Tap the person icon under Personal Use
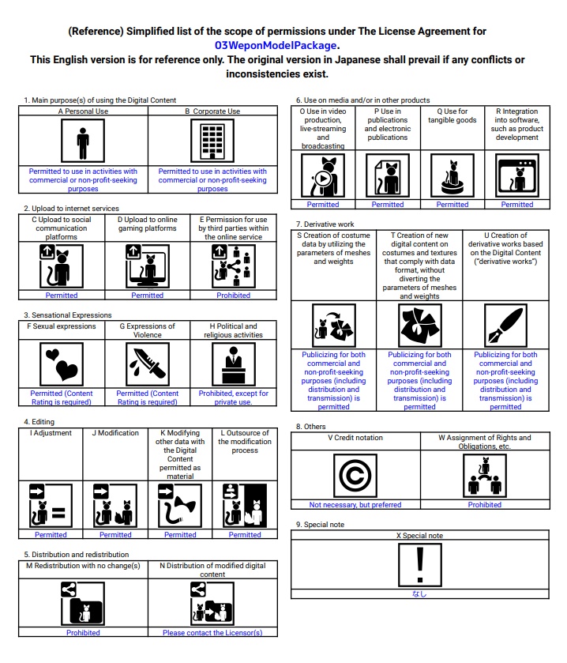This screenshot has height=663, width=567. (x=83, y=142)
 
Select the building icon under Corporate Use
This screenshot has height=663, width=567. (x=212, y=142)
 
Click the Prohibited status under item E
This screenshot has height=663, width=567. (x=234, y=296)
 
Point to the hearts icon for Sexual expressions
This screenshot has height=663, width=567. (x=62, y=364)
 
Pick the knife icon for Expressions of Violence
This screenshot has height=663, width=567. (x=148, y=364)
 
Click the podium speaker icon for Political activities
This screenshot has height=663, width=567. (x=234, y=364)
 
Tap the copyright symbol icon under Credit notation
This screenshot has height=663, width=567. (x=356, y=477)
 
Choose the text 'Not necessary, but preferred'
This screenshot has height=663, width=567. (x=355, y=505)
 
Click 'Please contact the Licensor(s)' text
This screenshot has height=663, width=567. (x=212, y=633)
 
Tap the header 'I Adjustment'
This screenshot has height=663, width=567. (x=51, y=433)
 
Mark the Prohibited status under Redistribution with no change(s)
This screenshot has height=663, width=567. (x=83, y=633)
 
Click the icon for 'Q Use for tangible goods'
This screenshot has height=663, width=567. (x=452, y=175)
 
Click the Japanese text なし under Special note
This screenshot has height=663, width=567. (x=420, y=593)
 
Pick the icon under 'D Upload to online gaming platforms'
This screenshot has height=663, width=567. (x=148, y=266)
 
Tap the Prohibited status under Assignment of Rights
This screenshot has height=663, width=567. (x=485, y=505)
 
